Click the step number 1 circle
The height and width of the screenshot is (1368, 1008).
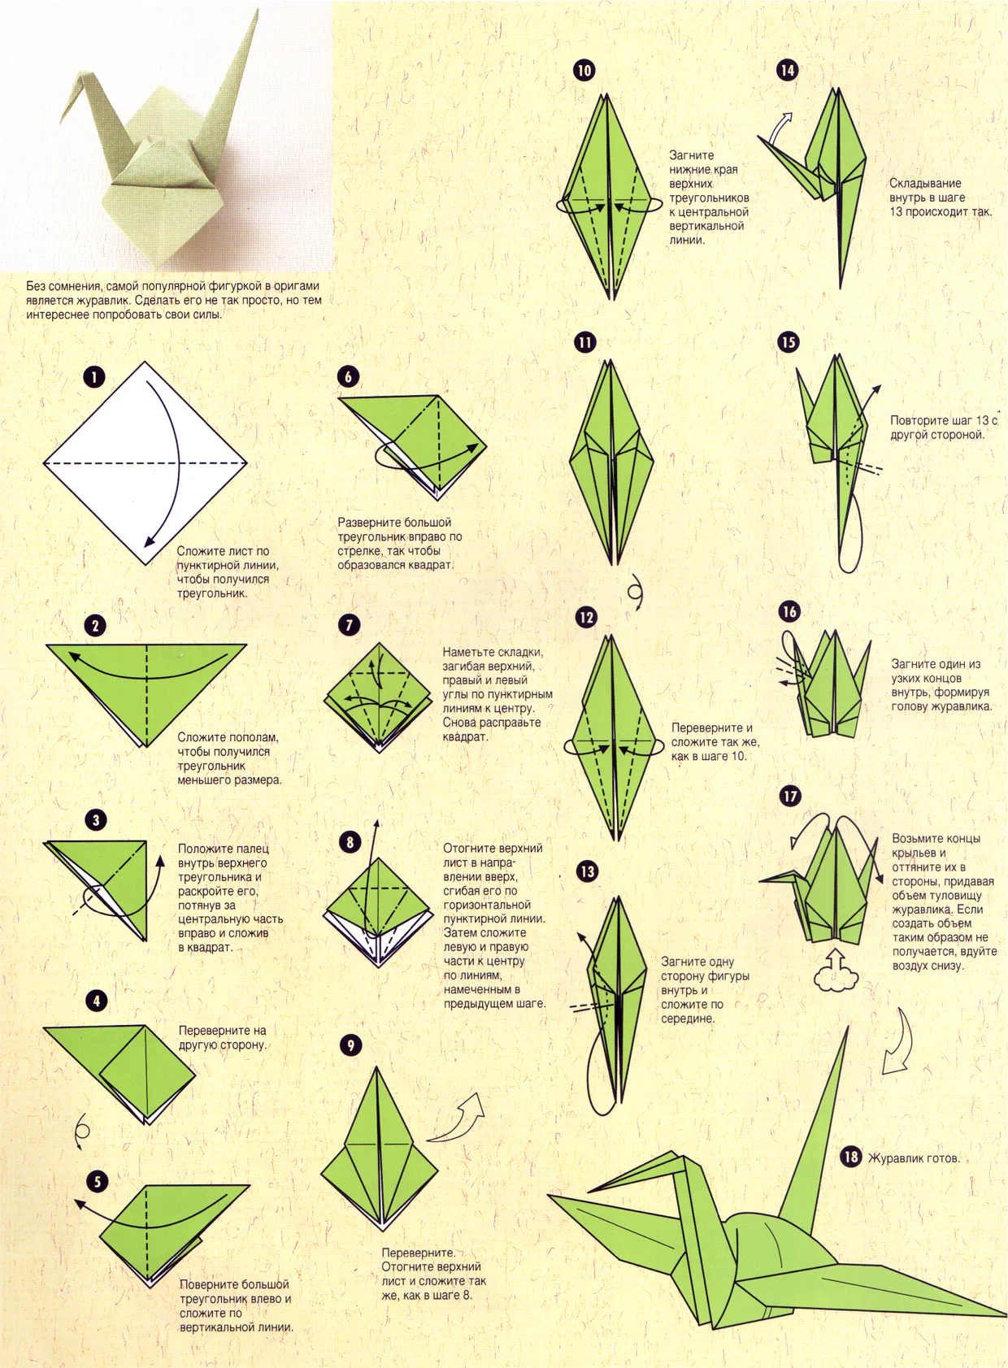pos(94,376)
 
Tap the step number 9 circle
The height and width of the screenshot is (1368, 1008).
pos(350,1045)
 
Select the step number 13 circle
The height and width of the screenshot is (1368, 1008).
pos(587,871)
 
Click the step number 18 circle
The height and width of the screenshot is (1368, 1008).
pos(851,1157)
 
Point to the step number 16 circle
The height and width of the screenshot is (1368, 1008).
pos(789,611)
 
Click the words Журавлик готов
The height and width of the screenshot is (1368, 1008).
pos(915,1157)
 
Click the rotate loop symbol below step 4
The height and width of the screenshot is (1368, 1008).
pos(81,1131)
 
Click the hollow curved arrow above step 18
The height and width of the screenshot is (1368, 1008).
pos(899,1044)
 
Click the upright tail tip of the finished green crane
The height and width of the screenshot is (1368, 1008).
pos(847,1029)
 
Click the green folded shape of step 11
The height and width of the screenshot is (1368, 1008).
pos(611,463)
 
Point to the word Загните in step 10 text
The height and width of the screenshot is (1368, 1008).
pos(691,154)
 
